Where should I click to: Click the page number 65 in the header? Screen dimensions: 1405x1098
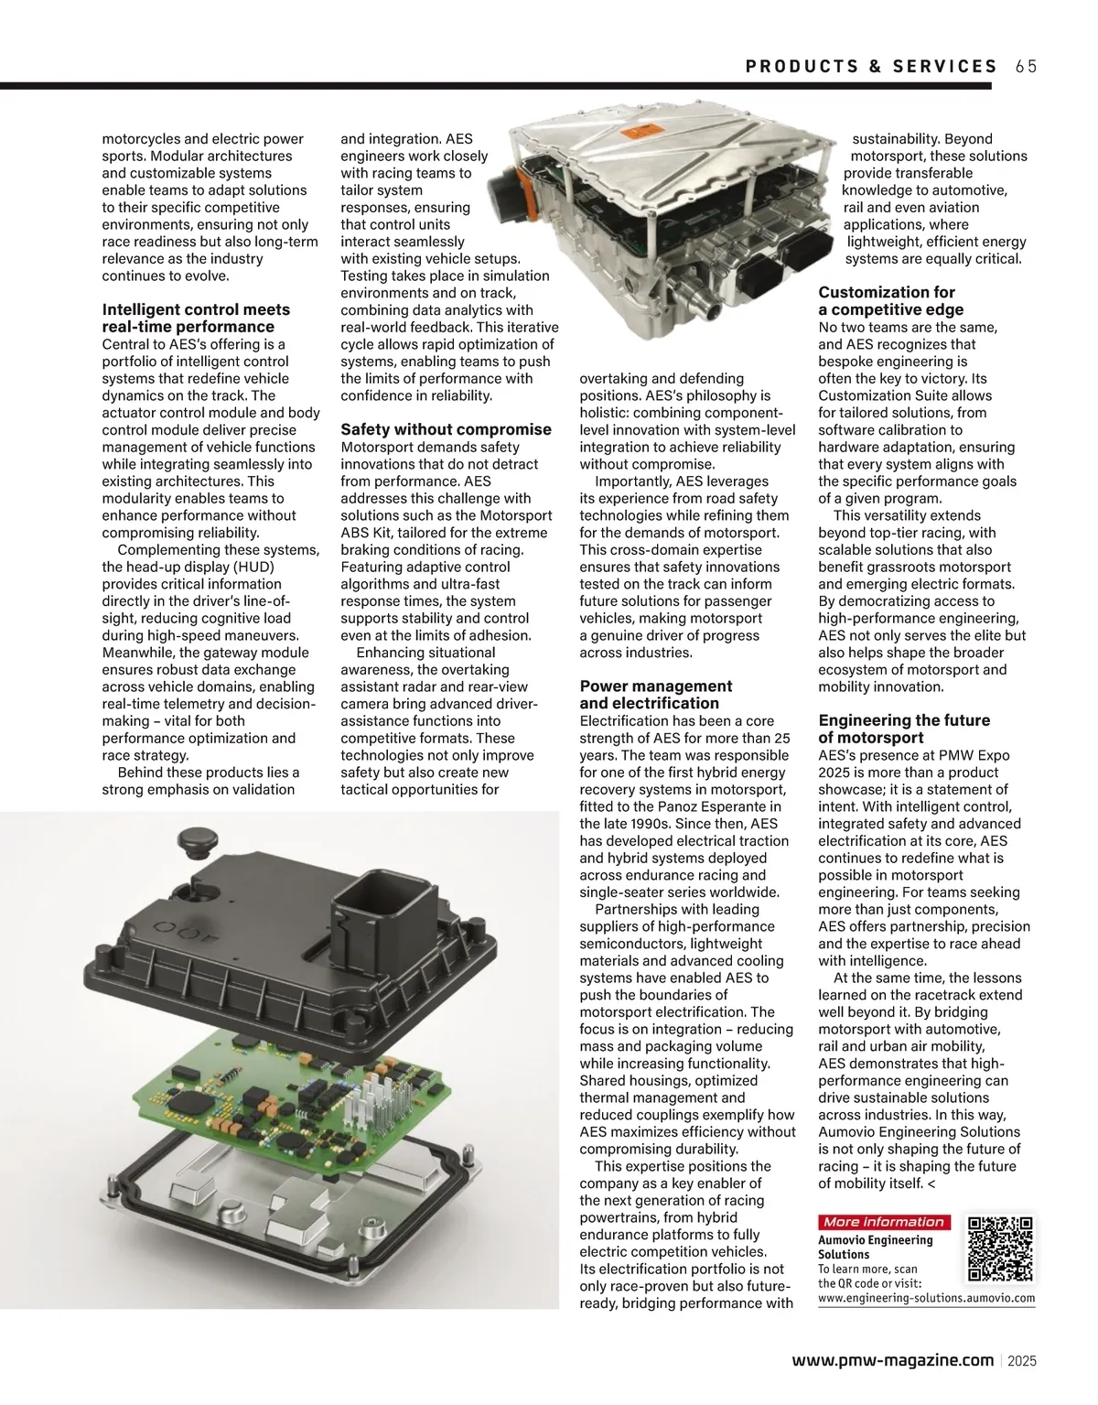coord(1026,66)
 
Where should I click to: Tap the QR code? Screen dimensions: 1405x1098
coord(1000,1248)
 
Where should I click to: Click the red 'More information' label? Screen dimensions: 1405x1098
coord(883,1222)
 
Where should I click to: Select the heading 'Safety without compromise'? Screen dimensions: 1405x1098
coord(446,429)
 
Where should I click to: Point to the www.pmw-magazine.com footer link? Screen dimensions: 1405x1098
coord(892,1360)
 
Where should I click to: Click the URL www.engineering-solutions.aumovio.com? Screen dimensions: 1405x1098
coord(926,1298)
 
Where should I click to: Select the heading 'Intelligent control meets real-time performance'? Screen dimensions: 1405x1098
coord(196,318)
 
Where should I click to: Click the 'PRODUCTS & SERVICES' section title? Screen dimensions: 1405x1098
coord(871,66)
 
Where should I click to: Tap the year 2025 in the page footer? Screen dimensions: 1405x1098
coord(1022,1361)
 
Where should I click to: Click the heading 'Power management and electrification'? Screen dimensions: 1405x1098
coord(655,695)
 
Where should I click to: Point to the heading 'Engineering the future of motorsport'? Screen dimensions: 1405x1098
coord(904,729)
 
